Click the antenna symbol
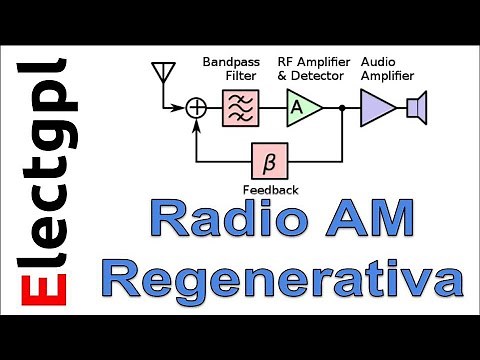[x=158, y=73]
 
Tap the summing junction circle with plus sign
[x=197, y=106]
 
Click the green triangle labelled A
[x=299, y=106]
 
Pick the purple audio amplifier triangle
[x=377, y=106]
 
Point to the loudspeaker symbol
[x=417, y=106]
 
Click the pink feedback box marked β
[x=268, y=159]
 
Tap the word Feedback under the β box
[x=268, y=189]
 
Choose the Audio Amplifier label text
[x=386, y=67]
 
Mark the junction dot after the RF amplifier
[x=342, y=106]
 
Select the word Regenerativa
[x=284, y=278]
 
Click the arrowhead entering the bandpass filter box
[x=218, y=106]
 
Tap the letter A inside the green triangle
[x=296, y=106]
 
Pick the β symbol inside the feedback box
[x=268, y=159]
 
